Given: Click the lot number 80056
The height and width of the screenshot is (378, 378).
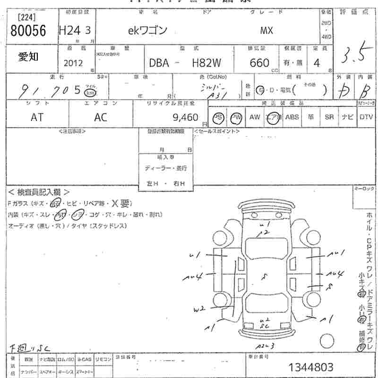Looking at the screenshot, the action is click(28, 31).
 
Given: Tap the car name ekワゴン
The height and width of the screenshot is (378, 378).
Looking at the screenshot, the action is click(148, 31).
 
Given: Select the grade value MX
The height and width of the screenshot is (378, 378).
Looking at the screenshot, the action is click(266, 31).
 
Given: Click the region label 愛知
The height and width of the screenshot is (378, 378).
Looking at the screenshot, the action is click(29, 57).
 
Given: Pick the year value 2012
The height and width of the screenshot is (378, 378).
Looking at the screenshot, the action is click(73, 63).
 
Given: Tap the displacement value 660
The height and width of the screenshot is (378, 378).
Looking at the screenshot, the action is click(259, 63).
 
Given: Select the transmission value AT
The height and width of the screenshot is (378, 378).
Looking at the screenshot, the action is click(37, 118).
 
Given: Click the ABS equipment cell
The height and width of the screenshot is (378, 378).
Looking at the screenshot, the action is click(292, 117).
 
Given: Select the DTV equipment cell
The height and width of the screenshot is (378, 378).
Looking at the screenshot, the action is click(366, 117).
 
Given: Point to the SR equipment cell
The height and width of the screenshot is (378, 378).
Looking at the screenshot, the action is click(329, 117).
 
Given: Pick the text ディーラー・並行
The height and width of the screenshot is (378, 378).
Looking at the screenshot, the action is click(166, 168).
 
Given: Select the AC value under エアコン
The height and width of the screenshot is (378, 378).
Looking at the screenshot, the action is click(101, 118).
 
